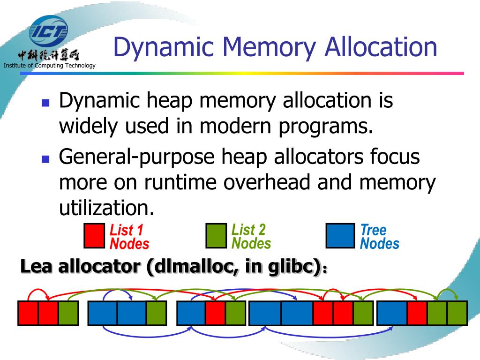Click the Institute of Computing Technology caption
click(49, 65)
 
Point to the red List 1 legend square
click(94, 236)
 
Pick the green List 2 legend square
click(216, 236)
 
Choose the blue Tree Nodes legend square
click(340, 236)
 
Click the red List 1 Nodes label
click(129, 237)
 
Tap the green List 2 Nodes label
click(251, 237)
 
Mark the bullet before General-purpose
click(45, 159)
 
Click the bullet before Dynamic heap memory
click(45, 103)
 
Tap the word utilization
click(106, 207)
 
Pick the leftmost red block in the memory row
click(28, 313)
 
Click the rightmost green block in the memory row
click(457, 313)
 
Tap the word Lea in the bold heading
click(37, 267)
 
